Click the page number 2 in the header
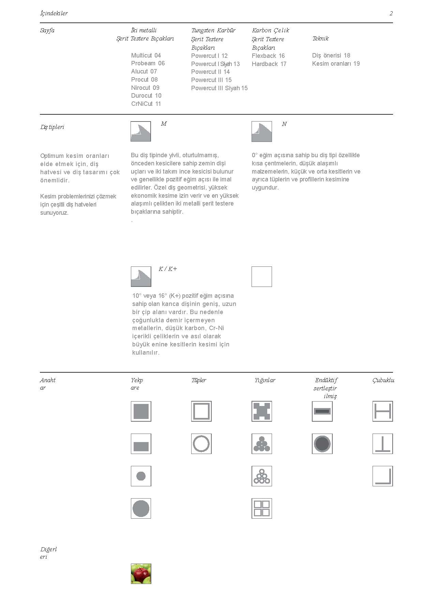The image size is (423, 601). coord(391,14)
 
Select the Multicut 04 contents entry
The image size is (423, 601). coord(146,55)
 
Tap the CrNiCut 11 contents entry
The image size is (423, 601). coord(146,104)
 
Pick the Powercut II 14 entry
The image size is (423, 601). coord(210,72)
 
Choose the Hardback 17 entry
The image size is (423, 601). coord(269,64)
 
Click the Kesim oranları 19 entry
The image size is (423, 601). coord(336,64)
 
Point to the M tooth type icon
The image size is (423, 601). coord(141,131)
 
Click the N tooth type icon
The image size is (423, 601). coord(262,131)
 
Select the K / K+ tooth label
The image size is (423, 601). coord(168,269)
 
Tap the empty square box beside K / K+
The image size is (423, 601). coord(262,277)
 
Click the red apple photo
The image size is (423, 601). coord(141,573)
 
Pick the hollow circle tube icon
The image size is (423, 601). coord(201,444)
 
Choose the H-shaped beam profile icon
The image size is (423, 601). coord(382,411)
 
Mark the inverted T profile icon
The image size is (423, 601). coord(382,444)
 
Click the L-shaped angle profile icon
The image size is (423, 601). coord(382,476)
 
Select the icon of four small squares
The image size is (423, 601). coord(262,508)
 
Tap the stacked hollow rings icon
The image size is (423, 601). coord(262,476)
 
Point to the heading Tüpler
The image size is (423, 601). coord(199,380)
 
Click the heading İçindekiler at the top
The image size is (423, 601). coord(54,14)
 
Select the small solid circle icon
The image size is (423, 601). coord(141,476)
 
